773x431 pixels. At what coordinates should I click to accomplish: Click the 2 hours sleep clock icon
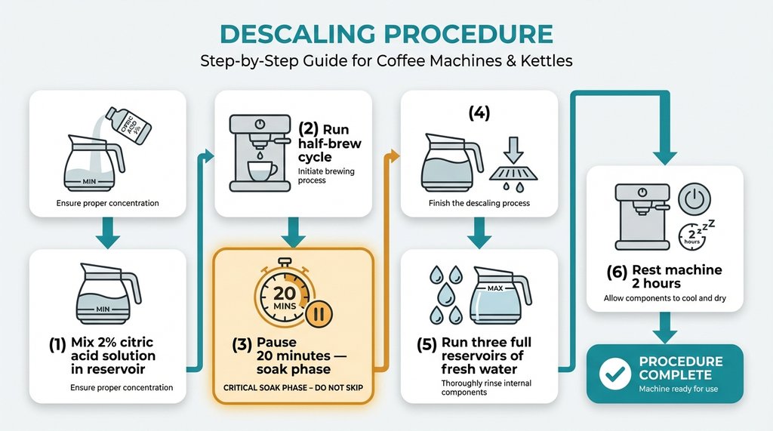691,236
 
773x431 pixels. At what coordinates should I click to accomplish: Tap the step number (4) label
479,113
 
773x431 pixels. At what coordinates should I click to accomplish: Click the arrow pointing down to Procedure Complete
664,326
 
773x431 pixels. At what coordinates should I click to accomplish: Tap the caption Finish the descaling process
479,203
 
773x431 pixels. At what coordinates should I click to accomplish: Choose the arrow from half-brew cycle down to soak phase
294,232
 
